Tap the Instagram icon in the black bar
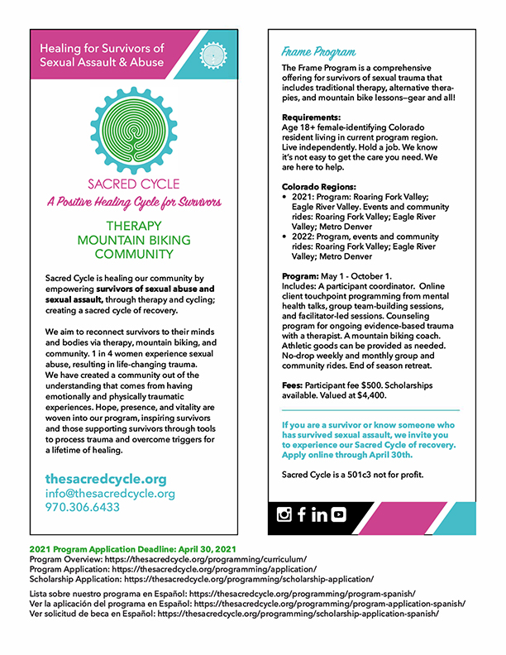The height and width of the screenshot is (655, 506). pyautogui.click(x=284, y=514)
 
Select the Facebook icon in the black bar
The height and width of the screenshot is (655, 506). pyautogui.click(x=302, y=514)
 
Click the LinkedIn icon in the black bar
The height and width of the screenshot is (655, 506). pyautogui.click(x=318, y=514)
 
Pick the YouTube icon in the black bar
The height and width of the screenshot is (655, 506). pyautogui.click(x=337, y=514)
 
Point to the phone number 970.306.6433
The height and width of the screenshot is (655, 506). pyautogui.click(x=83, y=507)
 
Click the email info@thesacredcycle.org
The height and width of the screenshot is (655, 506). pyautogui.click(x=110, y=494)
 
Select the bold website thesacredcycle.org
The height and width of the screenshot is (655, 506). pyautogui.click(x=106, y=479)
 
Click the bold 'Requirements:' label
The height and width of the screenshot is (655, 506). pyautogui.click(x=310, y=117)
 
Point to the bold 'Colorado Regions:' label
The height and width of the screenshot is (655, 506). pyautogui.click(x=319, y=186)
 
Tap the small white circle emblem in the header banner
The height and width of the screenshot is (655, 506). pyautogui.click(x=214, y=55)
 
